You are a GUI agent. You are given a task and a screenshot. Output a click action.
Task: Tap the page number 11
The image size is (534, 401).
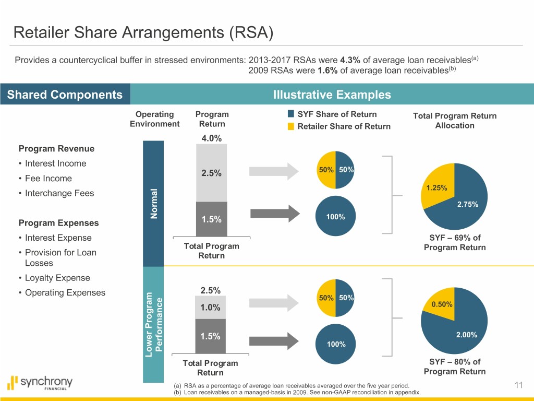518,385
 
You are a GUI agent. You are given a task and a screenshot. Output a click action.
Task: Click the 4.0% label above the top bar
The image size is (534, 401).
211,138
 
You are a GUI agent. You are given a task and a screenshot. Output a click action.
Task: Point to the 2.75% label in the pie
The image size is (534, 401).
467,204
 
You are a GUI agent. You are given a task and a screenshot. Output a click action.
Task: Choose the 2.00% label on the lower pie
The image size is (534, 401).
466,335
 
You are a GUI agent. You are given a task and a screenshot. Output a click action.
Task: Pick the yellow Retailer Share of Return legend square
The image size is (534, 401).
291,126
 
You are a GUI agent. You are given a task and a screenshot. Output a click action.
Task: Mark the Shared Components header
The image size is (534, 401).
65,95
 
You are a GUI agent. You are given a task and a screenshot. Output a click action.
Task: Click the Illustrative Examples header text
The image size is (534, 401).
332,95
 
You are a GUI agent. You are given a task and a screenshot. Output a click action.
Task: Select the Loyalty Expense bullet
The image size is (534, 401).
54,278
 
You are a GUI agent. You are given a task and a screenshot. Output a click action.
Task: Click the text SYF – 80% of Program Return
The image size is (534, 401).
454,367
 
